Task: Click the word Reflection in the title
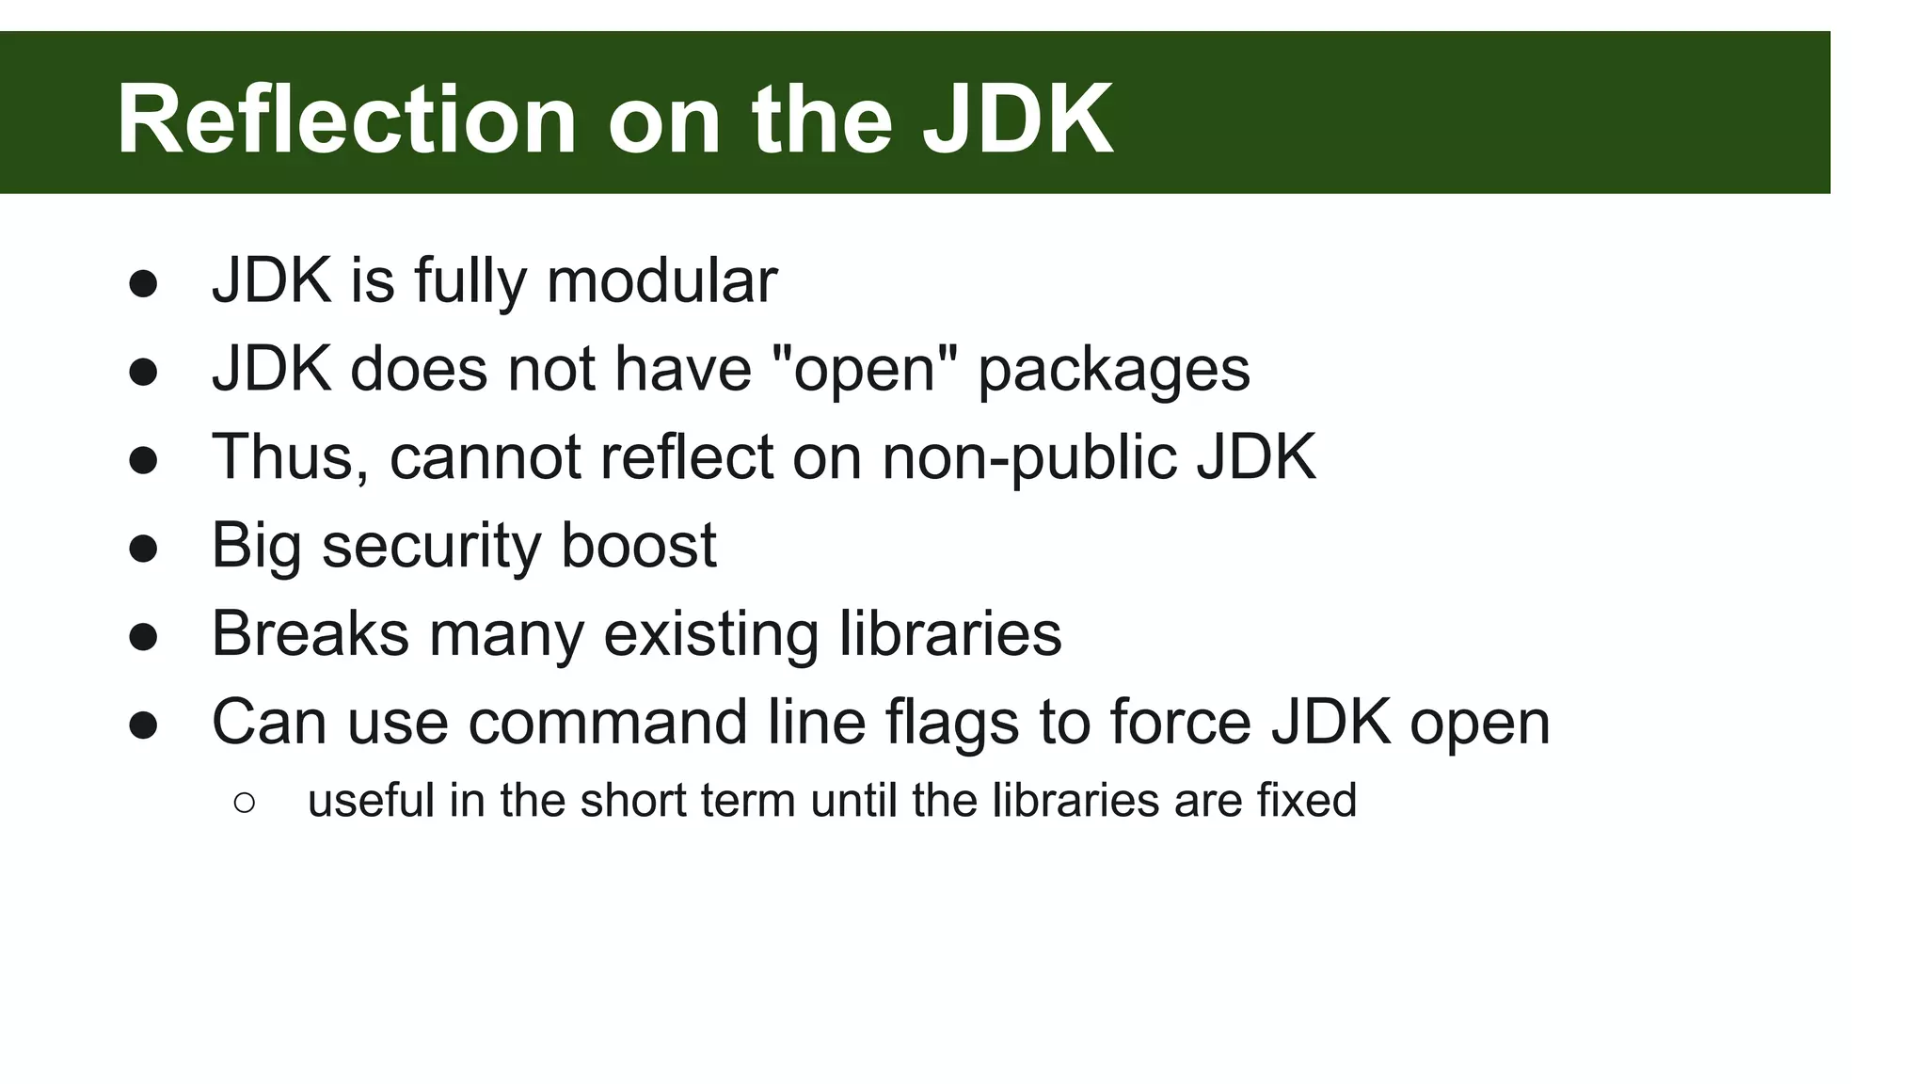coord(345,120)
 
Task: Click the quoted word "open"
coord(864,369)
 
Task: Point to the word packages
coord(1113,371)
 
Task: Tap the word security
coord(431,546)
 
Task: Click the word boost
coord(638,545)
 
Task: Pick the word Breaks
coord(310,633)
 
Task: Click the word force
coord(1180,722)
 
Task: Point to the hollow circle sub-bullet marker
coord(244,802)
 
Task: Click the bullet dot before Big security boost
coord(143,548)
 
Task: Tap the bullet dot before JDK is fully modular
coord(143,283)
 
